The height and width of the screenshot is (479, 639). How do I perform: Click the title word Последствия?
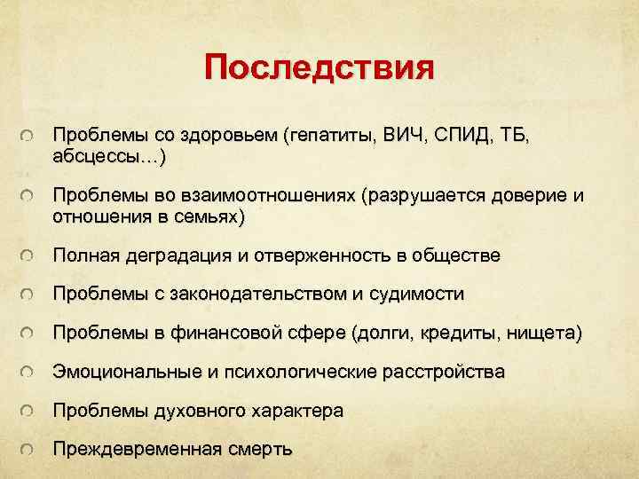(319, 67)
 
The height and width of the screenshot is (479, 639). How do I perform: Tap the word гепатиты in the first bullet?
(331, 137)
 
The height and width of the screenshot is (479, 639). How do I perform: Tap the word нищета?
(548, 334)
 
